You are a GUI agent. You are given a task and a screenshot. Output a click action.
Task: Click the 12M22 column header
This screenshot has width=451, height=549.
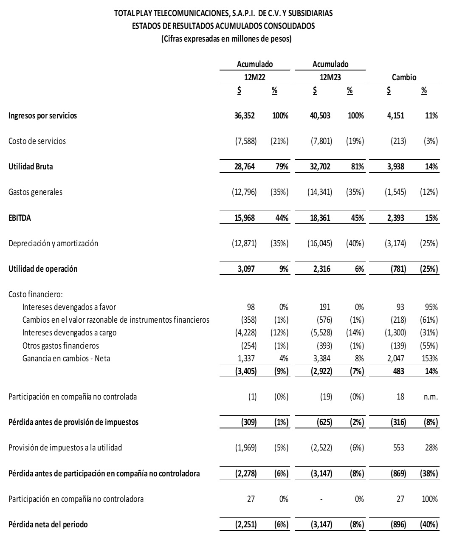pyautogui.click(x=254, y=77)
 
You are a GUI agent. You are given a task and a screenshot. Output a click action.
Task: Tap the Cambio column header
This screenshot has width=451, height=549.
pyautogui.click(x=404, y=77)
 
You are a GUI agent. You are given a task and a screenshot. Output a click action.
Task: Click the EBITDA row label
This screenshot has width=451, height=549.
pyautogui.click(x=20, y=218)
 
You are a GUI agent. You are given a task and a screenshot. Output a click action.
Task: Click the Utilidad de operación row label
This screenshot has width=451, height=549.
pyautogui.click(x=43, y=269)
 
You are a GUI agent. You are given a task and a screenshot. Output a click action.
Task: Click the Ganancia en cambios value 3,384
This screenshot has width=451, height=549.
pyautogui.click(x=323, y=358)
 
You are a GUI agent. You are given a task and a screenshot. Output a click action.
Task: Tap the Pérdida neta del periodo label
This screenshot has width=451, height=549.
pyautogui.click(x=48, y=524)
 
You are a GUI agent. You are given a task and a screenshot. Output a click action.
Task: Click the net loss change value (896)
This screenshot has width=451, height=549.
pyautogui.click(x=398, y=524)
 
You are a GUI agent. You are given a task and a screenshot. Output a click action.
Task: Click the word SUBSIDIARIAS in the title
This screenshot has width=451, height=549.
pyautogui.click(x=311, y=14)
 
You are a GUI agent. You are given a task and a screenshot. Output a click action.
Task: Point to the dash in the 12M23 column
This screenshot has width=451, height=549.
pyautogui.click(x=321, y=499)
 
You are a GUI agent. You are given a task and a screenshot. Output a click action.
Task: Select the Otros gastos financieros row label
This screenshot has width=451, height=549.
pyautogui.click(x=61, y=345)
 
